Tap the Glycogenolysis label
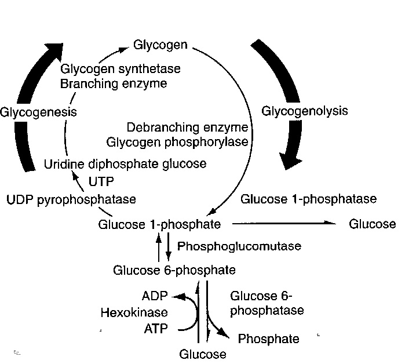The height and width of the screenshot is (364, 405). point(305,110)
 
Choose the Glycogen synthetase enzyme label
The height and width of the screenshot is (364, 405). point(120,69)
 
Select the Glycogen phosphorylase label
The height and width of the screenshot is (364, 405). point(189,141)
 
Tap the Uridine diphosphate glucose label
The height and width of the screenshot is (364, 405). point(125,164)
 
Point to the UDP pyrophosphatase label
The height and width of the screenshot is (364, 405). point(72,199)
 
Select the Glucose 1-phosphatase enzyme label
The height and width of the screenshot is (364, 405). point(308,199)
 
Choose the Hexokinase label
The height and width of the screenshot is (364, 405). point(126,314)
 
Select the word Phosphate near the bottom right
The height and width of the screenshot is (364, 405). point(269,338)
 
